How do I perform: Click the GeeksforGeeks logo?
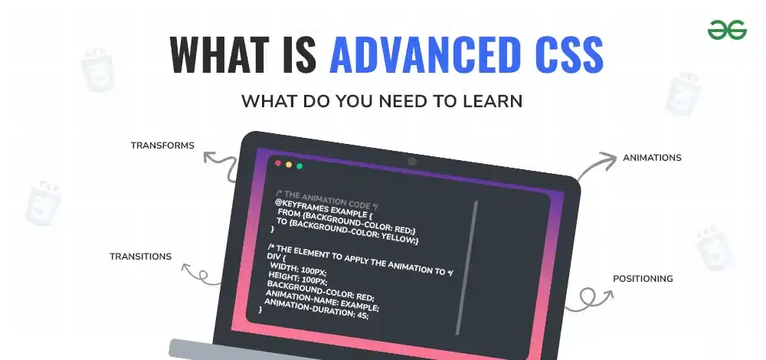coord(727,30)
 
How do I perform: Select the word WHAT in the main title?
coord(221,54)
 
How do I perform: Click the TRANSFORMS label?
coord(162,145)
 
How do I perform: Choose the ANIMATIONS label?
coord(652,158)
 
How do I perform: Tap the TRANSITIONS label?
coord(140,257)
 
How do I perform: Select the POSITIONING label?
coord(643,279)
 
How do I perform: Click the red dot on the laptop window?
coord(278,163)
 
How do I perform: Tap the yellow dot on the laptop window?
coord(289,165)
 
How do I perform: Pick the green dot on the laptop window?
coord(300,166)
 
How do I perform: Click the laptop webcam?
coord(412,161)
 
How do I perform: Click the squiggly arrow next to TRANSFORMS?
coord(222,160)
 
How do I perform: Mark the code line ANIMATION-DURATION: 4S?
coord(316,309)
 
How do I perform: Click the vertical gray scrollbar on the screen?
coord(467,267)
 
